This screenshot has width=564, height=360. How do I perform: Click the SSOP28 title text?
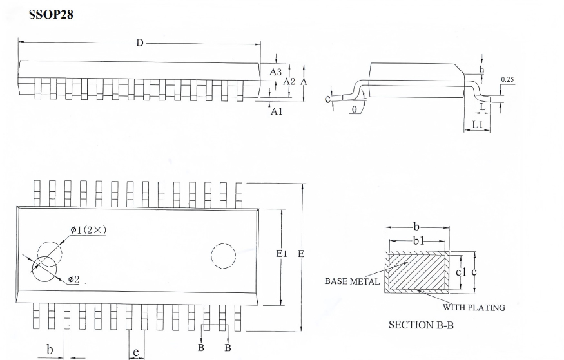click(x=51, y=14)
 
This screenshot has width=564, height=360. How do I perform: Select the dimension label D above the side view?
click(x=140, y=43)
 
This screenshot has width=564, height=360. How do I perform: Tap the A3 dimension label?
click(x=275, y=72)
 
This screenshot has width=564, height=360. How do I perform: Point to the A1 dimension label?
click(x=277, y=111)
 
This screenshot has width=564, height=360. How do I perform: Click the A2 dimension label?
click(x=289, y=82)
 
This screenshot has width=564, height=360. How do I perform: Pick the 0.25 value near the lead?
click(x=507, y=79)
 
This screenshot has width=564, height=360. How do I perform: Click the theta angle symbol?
click(x=355, y=109)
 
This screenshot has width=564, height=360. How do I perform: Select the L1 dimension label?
click(x=477, y=125)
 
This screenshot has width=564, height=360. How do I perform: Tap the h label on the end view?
click(x=482, y=70)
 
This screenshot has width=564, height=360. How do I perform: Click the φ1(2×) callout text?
click(x=88, y=230)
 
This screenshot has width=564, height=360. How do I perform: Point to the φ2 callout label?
click(x=73, y=279)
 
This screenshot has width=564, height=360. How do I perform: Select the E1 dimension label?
click(x=282, y=254)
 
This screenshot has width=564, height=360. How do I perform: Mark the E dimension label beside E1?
click(x=301, y=254)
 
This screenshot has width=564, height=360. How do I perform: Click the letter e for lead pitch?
click(x=136, y=352)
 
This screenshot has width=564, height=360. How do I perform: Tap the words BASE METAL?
click(x=352, y=281)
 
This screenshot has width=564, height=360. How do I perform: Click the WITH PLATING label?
click(x=474, y=308)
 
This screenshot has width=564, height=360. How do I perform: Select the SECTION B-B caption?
click(x=421, y=325)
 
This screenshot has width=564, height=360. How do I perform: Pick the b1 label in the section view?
click(x=418, y=241)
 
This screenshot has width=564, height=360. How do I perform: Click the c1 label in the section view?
click(x=461, y=272)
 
